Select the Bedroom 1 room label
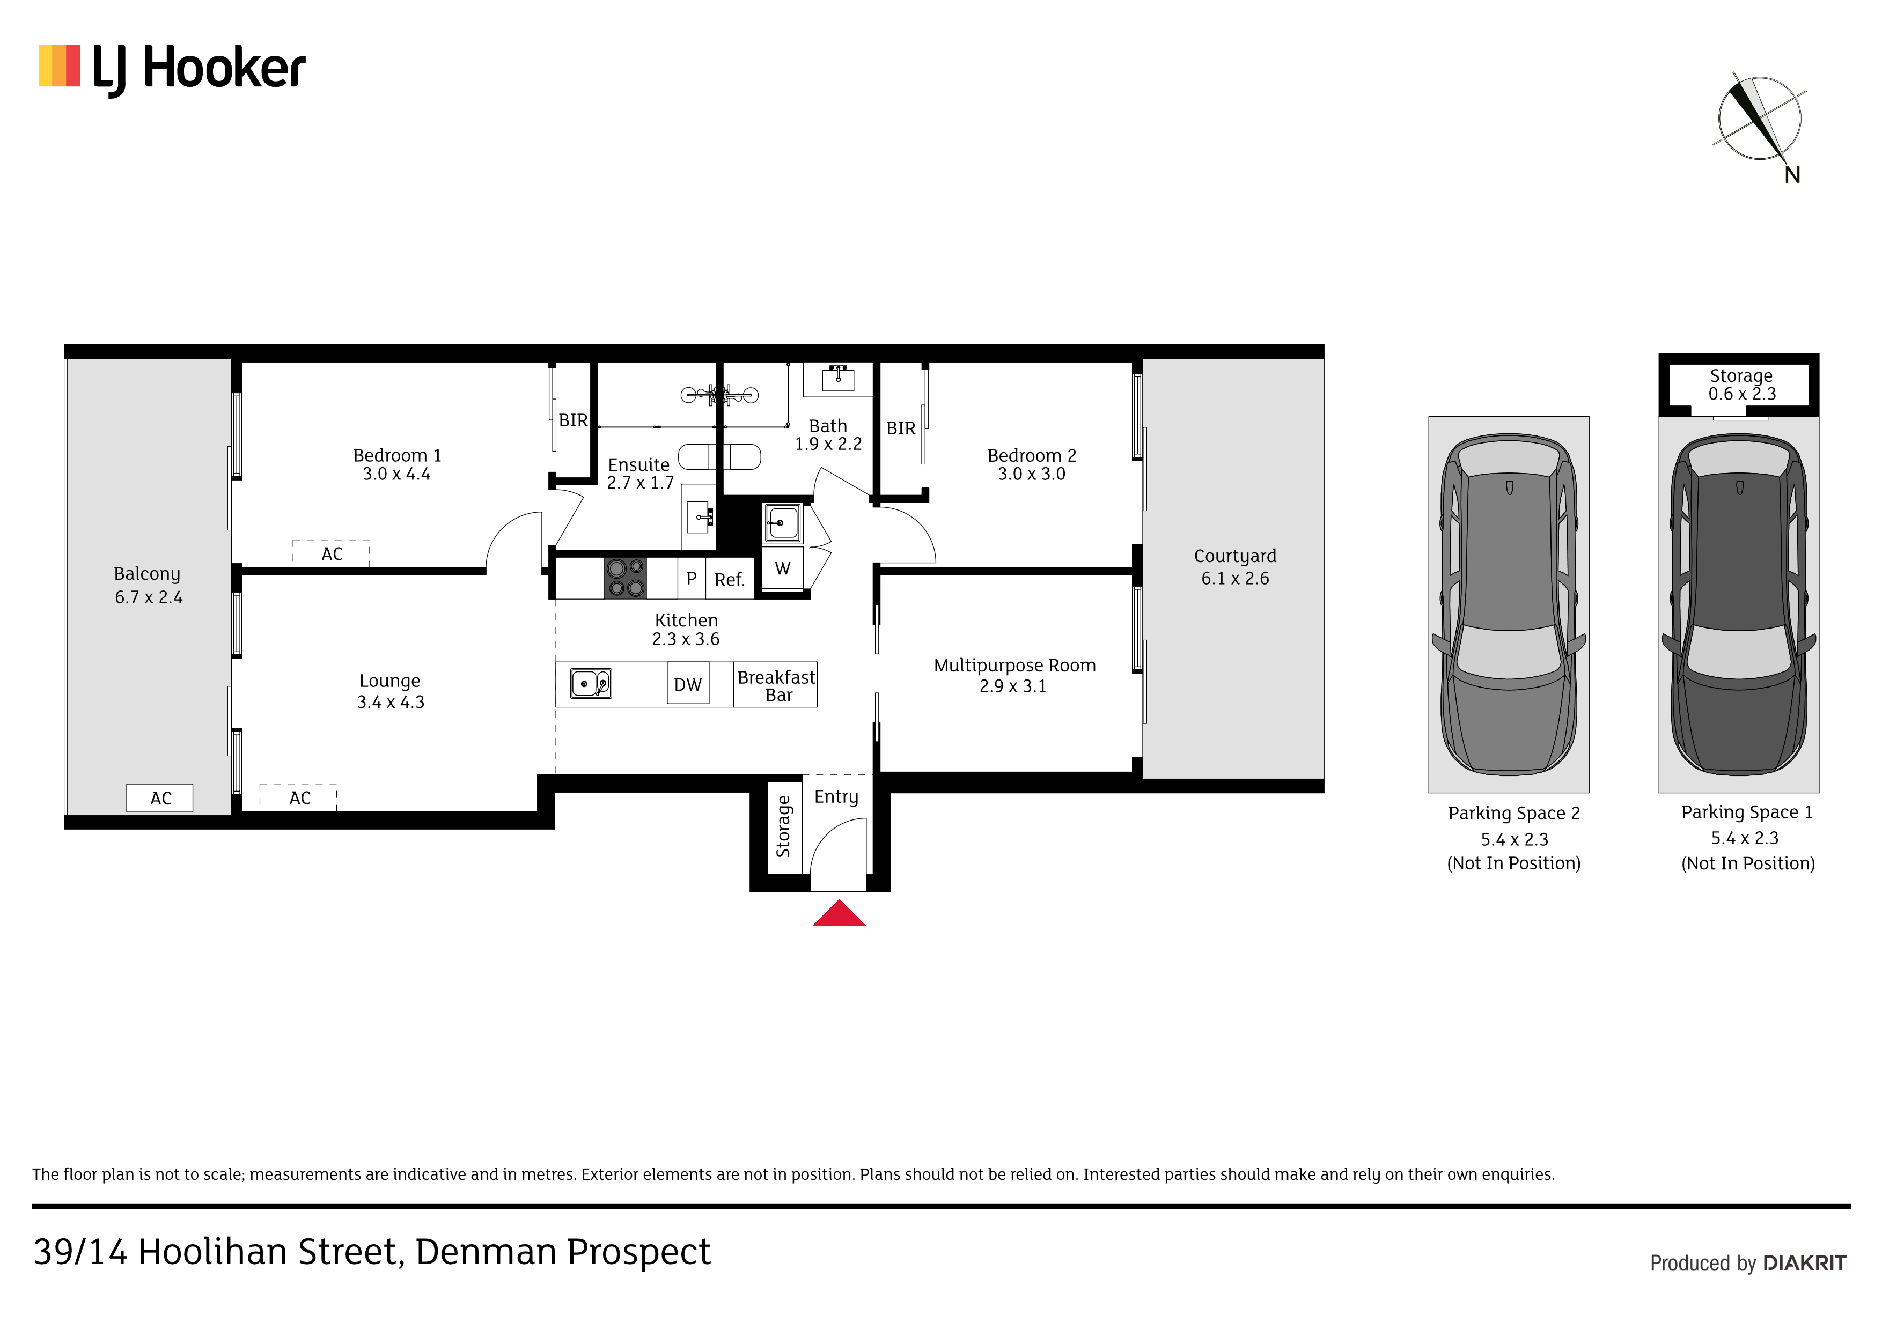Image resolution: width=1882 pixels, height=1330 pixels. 396,456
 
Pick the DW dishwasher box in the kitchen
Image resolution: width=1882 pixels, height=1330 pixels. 688,684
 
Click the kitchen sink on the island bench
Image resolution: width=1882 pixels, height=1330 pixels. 591,683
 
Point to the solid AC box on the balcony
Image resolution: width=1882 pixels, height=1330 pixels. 160,798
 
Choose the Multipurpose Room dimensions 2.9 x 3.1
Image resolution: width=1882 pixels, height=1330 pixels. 1012,686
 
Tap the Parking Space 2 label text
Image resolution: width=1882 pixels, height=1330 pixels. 1514,814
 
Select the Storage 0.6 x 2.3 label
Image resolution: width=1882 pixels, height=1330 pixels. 1742,385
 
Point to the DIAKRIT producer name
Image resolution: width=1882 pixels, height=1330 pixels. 1804,1263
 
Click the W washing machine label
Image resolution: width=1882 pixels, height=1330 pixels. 783,568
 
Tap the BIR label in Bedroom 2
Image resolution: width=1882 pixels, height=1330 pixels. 901,428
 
